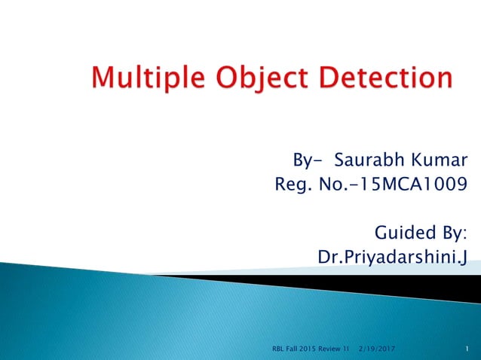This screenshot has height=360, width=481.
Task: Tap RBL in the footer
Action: tap(277, 349)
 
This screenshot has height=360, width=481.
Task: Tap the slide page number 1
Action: tap(467, 349)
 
